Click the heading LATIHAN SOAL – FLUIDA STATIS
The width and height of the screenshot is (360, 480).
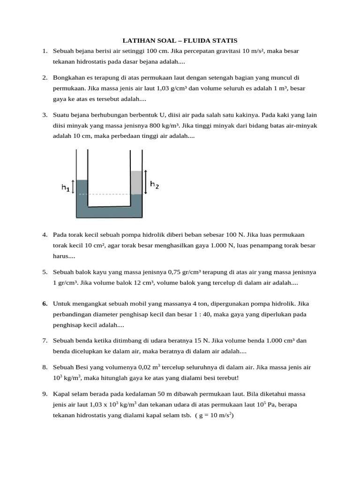tap(180, 41)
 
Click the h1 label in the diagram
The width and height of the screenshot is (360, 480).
tap(65, 187)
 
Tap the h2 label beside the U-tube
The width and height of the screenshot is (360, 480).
tap(154, 185)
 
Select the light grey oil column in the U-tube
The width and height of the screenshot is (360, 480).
tap(136, 182)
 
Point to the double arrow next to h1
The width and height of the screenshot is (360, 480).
tap(72, 187)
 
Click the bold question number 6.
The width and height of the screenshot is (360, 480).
tap(45, 303)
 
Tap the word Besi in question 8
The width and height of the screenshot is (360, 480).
tap(83, 367)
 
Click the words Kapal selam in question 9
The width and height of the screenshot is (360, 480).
tap(69, 394)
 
